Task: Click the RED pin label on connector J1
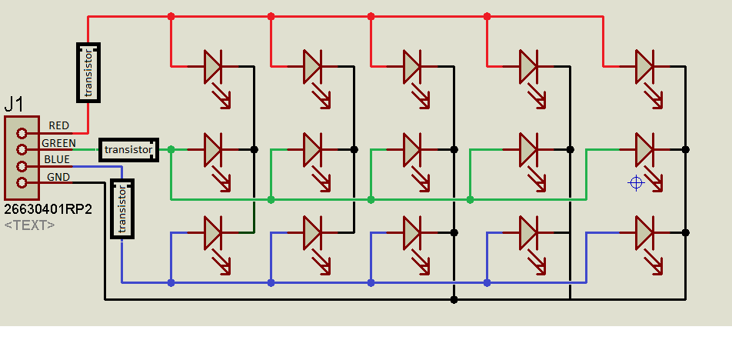59,125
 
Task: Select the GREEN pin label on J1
58,143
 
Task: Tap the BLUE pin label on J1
57,160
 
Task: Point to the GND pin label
58,177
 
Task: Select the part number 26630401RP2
48,209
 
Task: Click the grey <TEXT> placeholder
29,225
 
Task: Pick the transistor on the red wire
88,72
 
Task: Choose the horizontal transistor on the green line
128,149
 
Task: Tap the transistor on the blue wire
122,208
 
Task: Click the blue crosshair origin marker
635,182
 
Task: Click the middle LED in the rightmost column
644,149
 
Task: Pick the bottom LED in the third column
413,232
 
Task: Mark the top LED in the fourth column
528,67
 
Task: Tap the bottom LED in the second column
312,232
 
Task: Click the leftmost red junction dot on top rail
171,16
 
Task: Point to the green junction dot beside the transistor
171,149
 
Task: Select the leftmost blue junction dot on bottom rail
171,282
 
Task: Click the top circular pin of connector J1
22,132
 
